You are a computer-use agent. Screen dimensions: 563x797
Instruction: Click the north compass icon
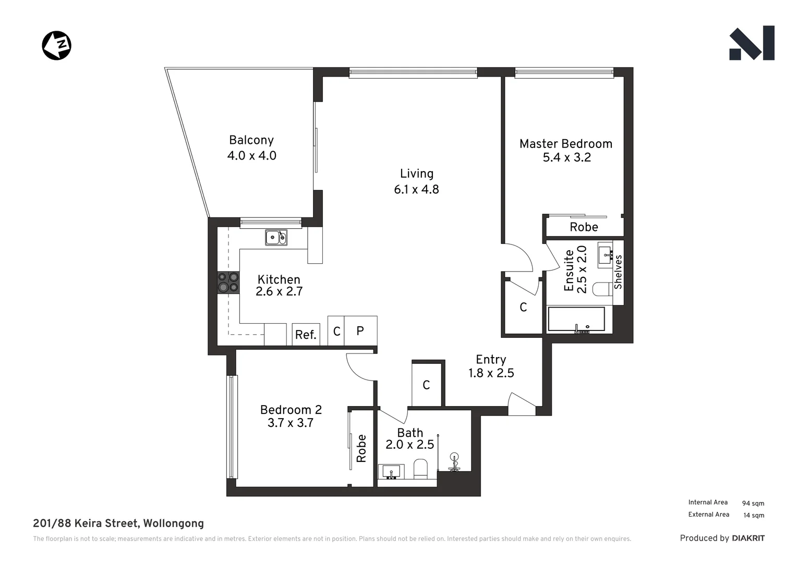click(x=56, y=45)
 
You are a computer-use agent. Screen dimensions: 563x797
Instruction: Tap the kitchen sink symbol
click(x=276, y=237)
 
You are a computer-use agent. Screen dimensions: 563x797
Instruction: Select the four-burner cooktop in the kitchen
click(x=228, y=282)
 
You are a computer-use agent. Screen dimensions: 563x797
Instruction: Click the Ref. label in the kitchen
click(x=306, y=335)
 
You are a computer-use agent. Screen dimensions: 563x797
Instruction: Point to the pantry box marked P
click(x=360, y=331)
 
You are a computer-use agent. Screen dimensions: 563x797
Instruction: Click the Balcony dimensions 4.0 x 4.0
click(x=251, y=155)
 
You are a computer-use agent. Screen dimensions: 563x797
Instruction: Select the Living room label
click(x=416, y=174)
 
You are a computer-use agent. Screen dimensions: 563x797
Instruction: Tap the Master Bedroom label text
click(x=565, y=144)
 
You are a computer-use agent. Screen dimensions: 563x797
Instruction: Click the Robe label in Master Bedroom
click(x=584, y=227)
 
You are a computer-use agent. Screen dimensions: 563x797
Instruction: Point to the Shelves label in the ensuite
click(x=618, y=272)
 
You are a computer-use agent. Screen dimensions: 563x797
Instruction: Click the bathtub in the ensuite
click(x=576, y=319)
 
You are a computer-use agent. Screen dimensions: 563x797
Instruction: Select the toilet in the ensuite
click(x=602, y=289)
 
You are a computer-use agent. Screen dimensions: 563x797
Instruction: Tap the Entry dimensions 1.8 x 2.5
click(x=491, y=373)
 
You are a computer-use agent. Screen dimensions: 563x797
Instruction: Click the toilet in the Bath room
click(x=420, y=468)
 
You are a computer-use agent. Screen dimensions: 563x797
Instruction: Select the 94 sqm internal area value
click(x=753, y=503)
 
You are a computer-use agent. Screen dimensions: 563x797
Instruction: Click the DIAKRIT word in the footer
click(x=748, y=538)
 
